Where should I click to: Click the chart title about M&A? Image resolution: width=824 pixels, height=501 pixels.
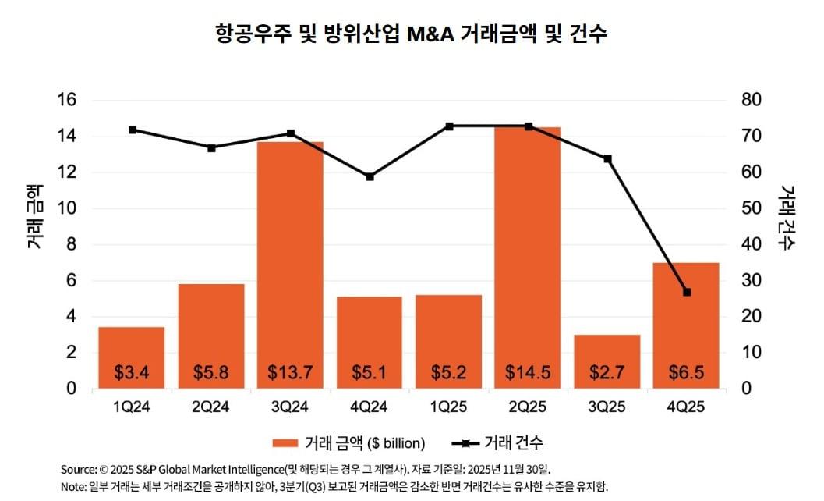pyautogui.click(x=411, y=34)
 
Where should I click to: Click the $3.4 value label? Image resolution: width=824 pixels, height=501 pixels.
pyautogui.click(x=131, y=372)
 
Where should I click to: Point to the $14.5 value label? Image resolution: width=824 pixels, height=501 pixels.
pyautogui.click(x=528, y=372)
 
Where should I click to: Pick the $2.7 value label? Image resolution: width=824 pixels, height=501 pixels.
pyautogui.click(x=607, y=372)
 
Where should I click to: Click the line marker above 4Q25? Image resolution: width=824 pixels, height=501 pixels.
pyautogui.click(x=687, y=292)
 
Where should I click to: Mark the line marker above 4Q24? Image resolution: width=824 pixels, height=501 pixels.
pyautogui.click(x=370, y=176)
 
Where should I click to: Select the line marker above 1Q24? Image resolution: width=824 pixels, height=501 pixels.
pyautogui.click(x=132, y=130)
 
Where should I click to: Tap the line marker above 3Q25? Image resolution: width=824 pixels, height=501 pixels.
pyautogui.click(x=607, y=159)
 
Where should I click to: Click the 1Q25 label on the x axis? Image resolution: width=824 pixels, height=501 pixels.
pyautogui.click(x=448, y=407)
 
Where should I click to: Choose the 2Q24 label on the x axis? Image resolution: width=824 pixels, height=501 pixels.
pyautogui.click(x=210, y=407)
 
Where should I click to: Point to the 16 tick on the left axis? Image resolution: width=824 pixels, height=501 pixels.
pyautogui.click(x=66, y=100)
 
